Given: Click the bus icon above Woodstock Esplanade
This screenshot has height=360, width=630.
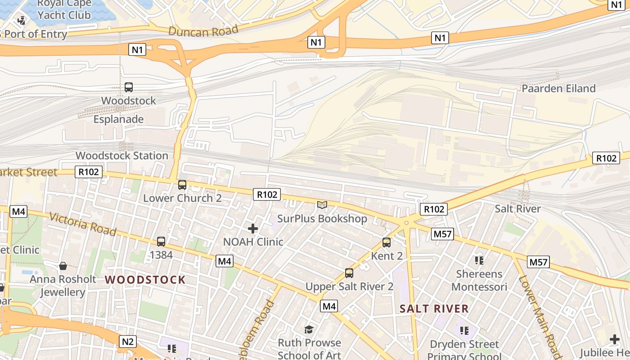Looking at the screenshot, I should tap(129, 87).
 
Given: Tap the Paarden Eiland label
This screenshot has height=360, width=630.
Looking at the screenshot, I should tap(558, 88).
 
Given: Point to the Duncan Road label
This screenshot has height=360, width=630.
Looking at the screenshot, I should tap(203, 31).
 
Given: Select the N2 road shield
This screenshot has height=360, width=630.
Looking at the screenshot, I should tap(128, 342).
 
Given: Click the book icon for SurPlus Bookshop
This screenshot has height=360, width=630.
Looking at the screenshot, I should tap(322, 205).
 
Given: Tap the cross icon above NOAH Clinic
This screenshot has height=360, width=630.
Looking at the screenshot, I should tap(253, 229).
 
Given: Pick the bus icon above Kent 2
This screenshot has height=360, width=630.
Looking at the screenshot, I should tap(387, 243).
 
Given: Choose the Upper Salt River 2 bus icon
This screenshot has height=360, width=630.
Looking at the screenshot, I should tap(349, 273).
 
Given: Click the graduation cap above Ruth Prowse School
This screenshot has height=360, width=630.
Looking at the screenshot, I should tap(309, 330).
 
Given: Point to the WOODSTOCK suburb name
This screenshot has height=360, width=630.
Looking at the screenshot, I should tap(145, 280).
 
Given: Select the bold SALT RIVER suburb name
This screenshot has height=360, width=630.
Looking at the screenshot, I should tap(434, 309).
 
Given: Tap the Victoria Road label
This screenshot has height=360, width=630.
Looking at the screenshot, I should tap(83, 224).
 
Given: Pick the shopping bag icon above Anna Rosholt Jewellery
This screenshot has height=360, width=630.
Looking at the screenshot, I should tap(63, 266).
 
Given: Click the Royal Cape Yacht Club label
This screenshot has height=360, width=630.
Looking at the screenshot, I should tap(64, 9).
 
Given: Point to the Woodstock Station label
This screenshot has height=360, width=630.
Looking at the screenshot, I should tap(122, 156).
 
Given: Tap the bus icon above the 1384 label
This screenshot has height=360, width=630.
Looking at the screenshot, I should tap(161, 242).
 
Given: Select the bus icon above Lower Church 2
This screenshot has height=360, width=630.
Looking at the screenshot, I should tap(182, 184).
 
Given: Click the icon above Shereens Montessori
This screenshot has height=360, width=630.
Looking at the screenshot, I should tap(479, 260).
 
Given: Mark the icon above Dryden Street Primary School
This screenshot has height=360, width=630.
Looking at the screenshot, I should tap(464, 331).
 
